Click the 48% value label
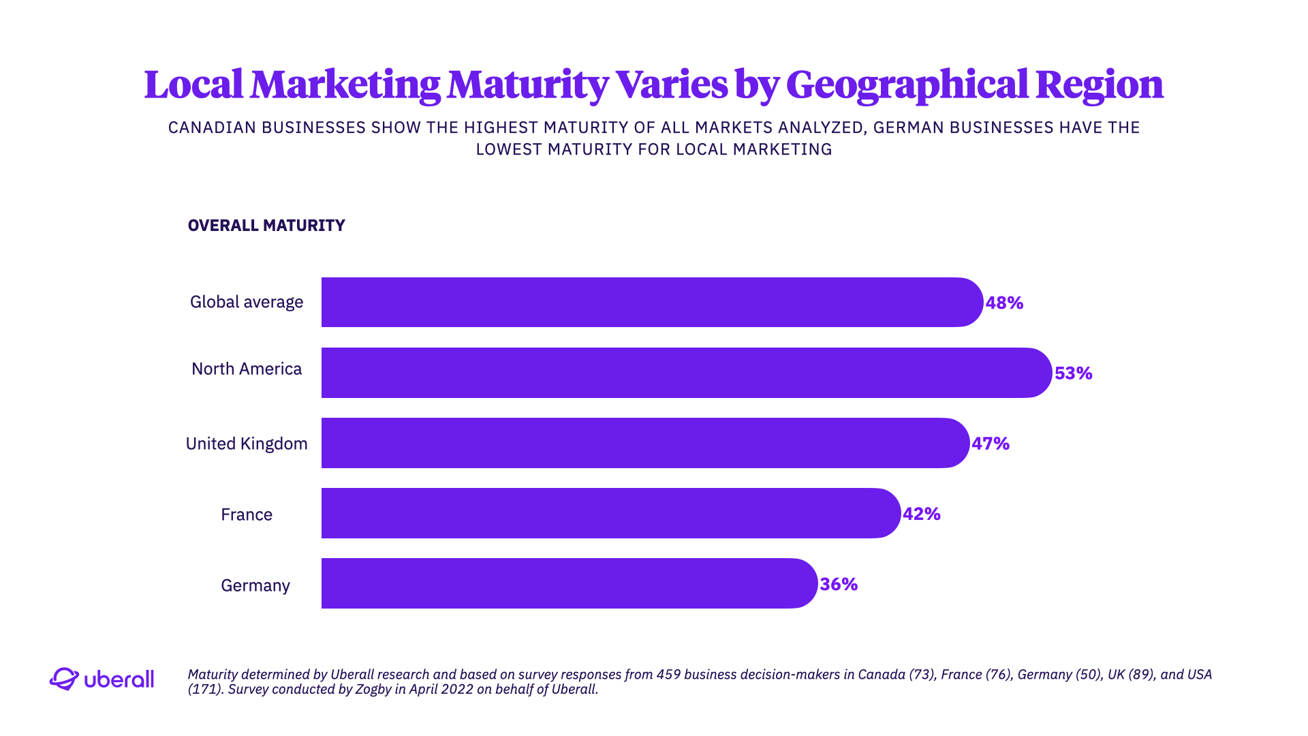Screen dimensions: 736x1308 1004,303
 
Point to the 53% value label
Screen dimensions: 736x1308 1073,373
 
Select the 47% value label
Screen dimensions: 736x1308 991,444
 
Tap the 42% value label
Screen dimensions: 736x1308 921,514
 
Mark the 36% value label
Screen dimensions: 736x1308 839,584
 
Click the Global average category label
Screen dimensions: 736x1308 247,302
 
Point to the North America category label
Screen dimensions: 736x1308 247,369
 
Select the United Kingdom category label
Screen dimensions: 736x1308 247,444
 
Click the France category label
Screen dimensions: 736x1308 247,515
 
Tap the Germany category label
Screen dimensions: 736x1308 255,585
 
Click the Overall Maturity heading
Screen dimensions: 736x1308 266,226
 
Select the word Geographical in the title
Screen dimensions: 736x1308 907,85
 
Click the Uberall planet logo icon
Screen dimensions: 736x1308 64,679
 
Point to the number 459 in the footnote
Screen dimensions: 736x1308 668,675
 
